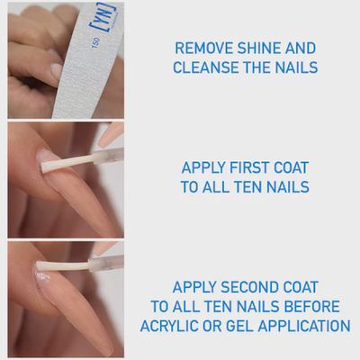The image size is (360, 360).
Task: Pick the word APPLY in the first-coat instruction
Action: pos(206,168)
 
